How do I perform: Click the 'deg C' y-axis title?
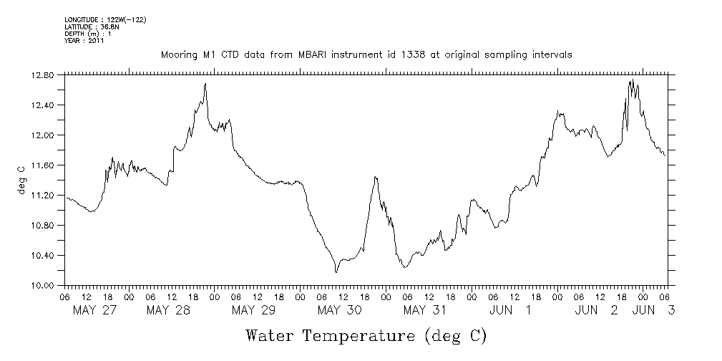21,180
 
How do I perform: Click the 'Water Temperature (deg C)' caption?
366,335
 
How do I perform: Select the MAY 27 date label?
95,310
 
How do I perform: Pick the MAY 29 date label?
254,310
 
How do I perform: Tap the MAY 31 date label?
425,310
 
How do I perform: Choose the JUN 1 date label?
510,310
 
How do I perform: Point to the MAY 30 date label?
339,310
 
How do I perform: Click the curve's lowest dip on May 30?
336,272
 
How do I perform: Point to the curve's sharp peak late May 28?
205,84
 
